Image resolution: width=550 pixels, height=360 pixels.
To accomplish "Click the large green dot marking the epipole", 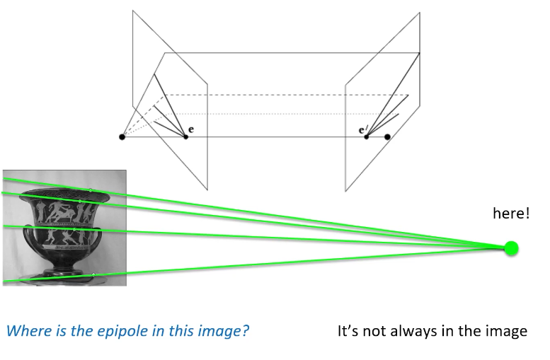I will click(x=511, y=248).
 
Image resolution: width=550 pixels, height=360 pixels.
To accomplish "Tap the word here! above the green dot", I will click(x=511, y=213).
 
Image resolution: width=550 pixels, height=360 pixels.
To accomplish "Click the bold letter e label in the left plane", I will click(x=191, y=131).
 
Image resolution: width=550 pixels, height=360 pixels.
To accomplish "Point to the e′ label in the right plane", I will click(x=362, y=130).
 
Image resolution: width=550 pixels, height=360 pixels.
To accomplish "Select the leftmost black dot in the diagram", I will click(x=122, y=137).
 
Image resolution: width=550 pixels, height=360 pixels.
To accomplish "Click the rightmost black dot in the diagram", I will click(x=387, y=137).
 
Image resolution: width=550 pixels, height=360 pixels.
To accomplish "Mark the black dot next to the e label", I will click(x=185, y=137).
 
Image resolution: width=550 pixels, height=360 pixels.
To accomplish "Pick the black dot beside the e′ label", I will click(x=367, y=137).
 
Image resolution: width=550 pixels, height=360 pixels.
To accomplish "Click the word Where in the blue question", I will click(x=25, y=330).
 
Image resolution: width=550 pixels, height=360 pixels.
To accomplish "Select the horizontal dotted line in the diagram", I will click(x=283, y=114).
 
